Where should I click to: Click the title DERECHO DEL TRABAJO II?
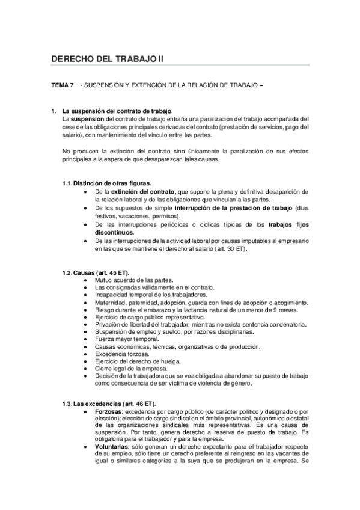(x=107, y=58)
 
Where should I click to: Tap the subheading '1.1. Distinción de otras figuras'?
(x=107, y=183)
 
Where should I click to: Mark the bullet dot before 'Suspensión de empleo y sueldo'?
(x=88, y=332)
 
